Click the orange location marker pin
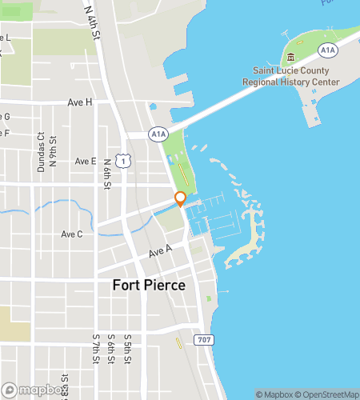[x=181, y=199]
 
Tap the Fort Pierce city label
[x=149, y=286]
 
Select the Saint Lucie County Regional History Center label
[x=291, y=77]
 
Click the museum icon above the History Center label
[x=290, y=57]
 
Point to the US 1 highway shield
[x=122, y=162]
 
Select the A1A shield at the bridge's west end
[x=158, y=134]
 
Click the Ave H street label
[x=80, y=102]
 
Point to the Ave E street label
[x=85, y=161]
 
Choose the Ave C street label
[x=72, y=234]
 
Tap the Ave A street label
[x=160, y=252]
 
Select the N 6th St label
[x=107, y=173]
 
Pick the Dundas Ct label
[x=41, y=152]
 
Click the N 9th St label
[x=53, y=152]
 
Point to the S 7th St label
[x=94, y=349]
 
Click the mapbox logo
[x=32, y=390]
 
